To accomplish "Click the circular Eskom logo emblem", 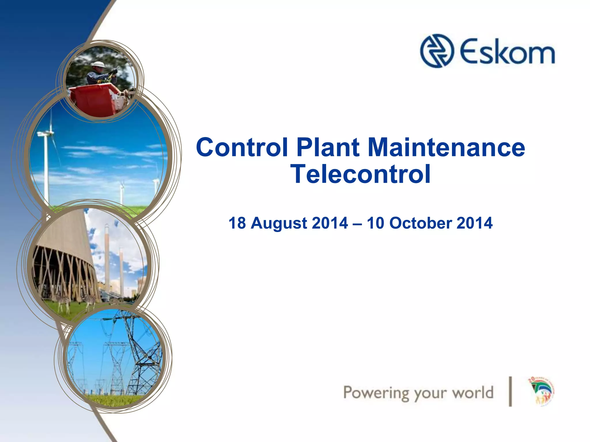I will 437,51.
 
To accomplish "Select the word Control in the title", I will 242,147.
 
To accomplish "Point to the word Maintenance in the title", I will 446,147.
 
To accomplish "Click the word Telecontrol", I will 360,174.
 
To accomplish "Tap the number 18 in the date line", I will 237,223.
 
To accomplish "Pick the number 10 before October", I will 376,223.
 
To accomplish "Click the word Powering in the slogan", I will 376,393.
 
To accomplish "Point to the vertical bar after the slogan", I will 510,392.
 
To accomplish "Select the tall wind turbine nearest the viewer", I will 46,161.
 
